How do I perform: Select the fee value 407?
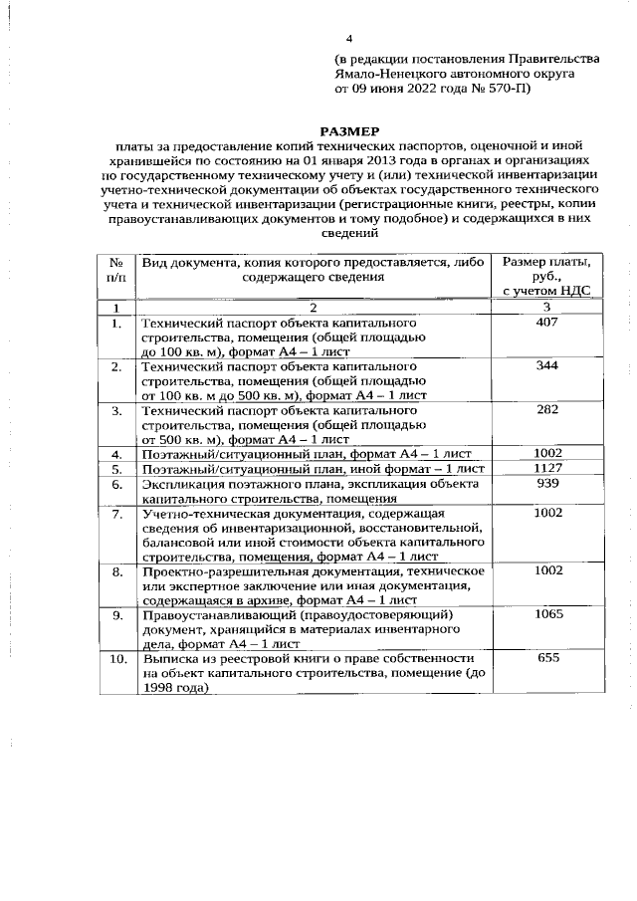546,324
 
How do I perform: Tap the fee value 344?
546,366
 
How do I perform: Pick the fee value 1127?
546,468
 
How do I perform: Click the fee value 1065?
546,615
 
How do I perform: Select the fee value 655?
546,658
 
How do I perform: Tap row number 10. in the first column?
116,659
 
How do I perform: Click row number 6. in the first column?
116,484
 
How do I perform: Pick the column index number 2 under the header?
313,308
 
